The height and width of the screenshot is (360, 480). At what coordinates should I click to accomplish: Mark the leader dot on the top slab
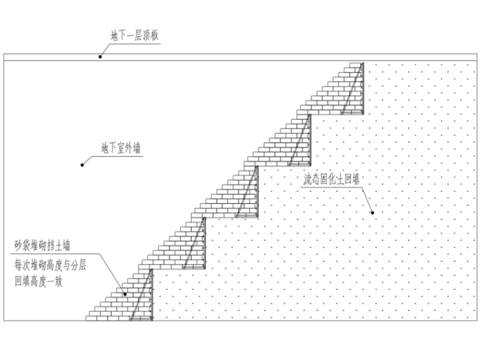tap(100, 57)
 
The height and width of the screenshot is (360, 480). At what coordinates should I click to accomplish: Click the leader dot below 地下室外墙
tap(81, 165)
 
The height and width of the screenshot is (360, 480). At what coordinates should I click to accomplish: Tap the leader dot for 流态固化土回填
tap(373, 213)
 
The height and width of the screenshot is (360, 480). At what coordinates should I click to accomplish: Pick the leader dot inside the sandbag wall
tap(124, 294)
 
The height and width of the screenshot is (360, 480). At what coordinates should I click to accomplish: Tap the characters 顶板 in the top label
tap(152, 35)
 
